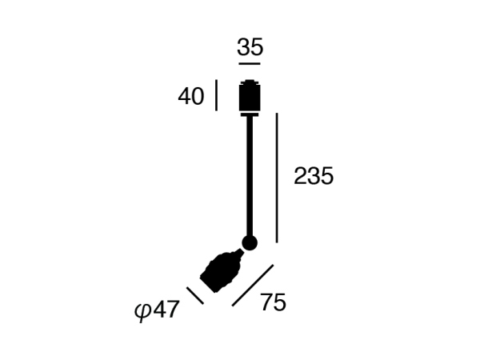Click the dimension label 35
click(x=250, y=47)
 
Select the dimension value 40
click(x=191, y=97)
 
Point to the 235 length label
click(x=314, y=176)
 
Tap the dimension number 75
click(x=274, y=302)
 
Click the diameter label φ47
click(x=157, y=310)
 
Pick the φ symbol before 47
click(x=142, y=312)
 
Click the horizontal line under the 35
click(x=250, y=64)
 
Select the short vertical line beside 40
click(x=217, y=95)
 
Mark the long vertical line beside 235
click(x=277, y=178)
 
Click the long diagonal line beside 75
click(x=253, y=286)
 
